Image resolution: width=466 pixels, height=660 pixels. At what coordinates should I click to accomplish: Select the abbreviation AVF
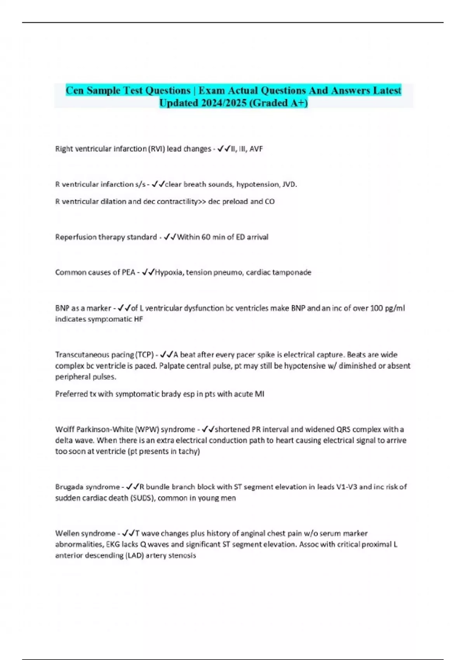(256, 149)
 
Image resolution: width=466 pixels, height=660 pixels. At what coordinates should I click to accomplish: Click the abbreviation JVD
(289, 184)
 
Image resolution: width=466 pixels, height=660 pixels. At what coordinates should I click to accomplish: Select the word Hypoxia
(169, 273)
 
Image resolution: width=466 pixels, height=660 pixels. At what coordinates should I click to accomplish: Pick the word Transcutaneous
(79, 355)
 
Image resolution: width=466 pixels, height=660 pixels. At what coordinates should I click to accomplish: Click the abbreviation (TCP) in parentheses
(144, 355)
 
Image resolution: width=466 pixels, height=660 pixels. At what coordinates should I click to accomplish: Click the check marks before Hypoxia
(148, 273)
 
